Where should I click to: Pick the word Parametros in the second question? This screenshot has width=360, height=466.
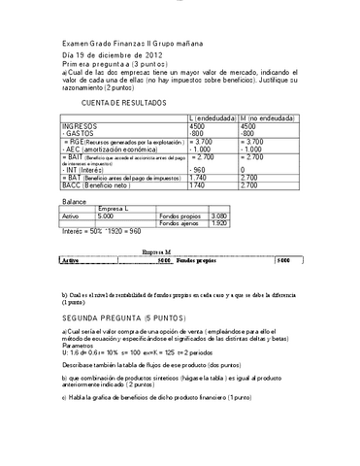[x=79, y=344]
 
